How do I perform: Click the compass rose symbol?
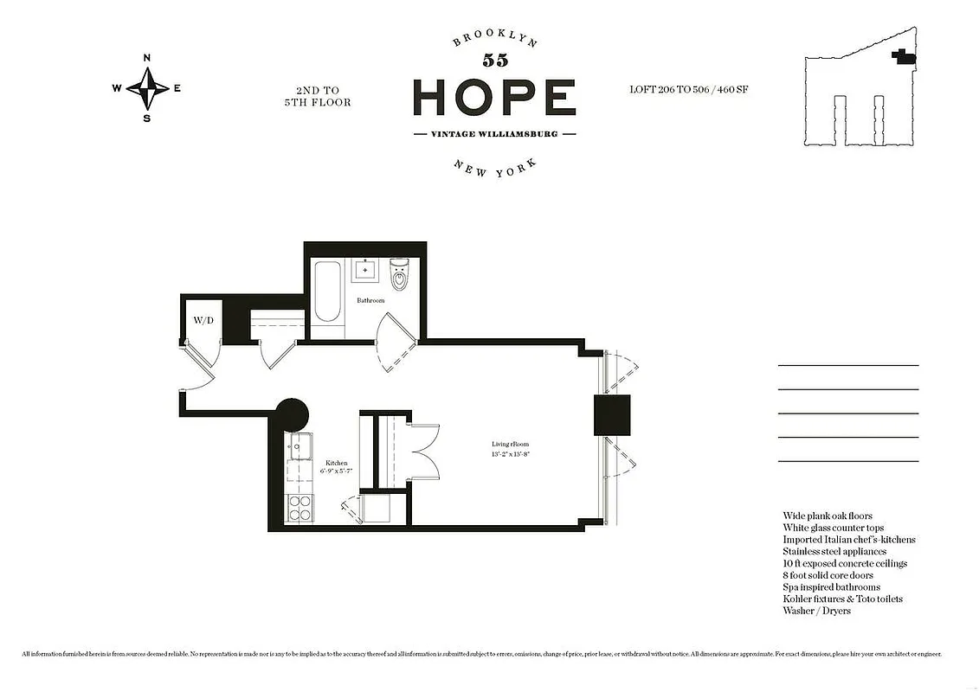pyautogui.click(x=147, y=87)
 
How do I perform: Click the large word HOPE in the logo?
pyautogui.click(x=494, y=97)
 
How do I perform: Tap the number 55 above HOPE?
pyautogui.click(x=495, y=61)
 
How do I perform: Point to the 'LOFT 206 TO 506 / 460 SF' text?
pyautogui.click(x=689, y=89)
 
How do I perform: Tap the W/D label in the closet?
pyautogui.click(x=203, y=321)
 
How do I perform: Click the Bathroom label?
pyautogui.click(x=370, y=300)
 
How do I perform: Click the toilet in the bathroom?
pyautogui.click(x=399, y=275)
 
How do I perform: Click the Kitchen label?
pyautogui.click(x=336, y=464)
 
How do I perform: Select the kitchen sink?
pyautogui.click(x=299, y=448)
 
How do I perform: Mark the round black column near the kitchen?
pyautogui.click(x=291, y=414)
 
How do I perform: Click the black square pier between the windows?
pyautogui.click(x=612, y=414)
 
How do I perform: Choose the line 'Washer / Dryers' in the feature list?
pyautogui.click(x=816, y=611)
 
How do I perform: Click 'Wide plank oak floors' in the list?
pyautogui.click(x=828, y=516)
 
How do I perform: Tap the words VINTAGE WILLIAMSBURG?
pyautogui.click(x=494, y=134)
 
